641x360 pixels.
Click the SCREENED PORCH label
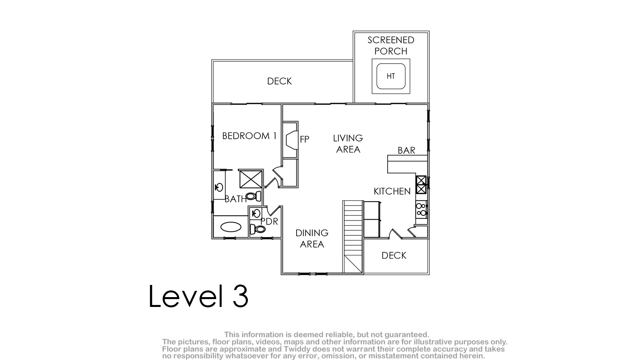coord(391,46)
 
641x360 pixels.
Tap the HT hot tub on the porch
coord(391,76)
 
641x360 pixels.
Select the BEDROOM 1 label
coord(249,136)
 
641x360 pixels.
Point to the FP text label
coord(304,139)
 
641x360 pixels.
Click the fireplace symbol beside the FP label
coord(292,140)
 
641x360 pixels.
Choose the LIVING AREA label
coord(348,144)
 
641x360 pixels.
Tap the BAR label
coord(407,151)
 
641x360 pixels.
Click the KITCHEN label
coord(392,191)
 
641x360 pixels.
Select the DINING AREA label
coord(312,239)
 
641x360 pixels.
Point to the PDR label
coord(269,221)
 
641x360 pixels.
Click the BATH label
coord(236,199)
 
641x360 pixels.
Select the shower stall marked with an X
coord(251,179)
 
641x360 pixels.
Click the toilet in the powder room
coord(258,229)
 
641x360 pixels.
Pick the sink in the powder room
coord(256,213)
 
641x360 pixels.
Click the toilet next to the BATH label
coord(254,196)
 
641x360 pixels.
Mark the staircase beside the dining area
coord(353,237)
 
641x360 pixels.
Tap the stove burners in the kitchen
coord(421,209)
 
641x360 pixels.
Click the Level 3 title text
coord(198,296)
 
